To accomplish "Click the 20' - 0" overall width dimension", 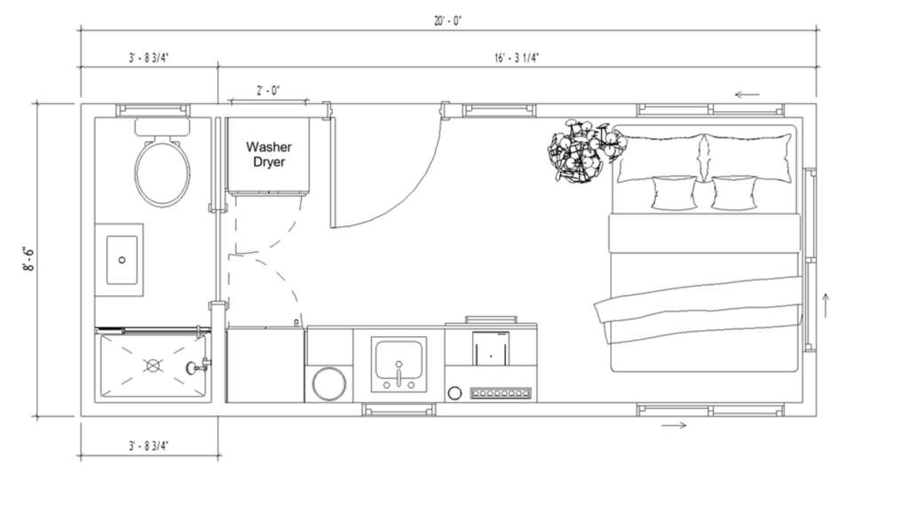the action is point(448,21).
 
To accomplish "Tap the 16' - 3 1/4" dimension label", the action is point(517,58).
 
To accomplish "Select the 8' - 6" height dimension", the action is point(28,259).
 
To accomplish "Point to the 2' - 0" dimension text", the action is point(268,90).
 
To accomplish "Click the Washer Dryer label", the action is point(268,154).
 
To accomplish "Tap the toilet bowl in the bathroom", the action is point(162,173).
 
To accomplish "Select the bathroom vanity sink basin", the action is point(122,260).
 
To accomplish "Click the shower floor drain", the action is point(153,366).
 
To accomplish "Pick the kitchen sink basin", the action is point(399,359).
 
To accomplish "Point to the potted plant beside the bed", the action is point(586,151).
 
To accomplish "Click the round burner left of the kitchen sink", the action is point(328,383).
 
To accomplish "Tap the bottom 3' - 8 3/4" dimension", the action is point(149,446).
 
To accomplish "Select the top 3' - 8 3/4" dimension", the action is point(149,58).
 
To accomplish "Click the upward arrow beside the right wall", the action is point(826,305).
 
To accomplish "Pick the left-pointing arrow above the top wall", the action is point(747,94).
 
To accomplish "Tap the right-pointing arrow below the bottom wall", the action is point(675,425).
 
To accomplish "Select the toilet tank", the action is point(162,127).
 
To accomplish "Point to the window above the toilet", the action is point(153,110).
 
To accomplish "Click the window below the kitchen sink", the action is point(399,410).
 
